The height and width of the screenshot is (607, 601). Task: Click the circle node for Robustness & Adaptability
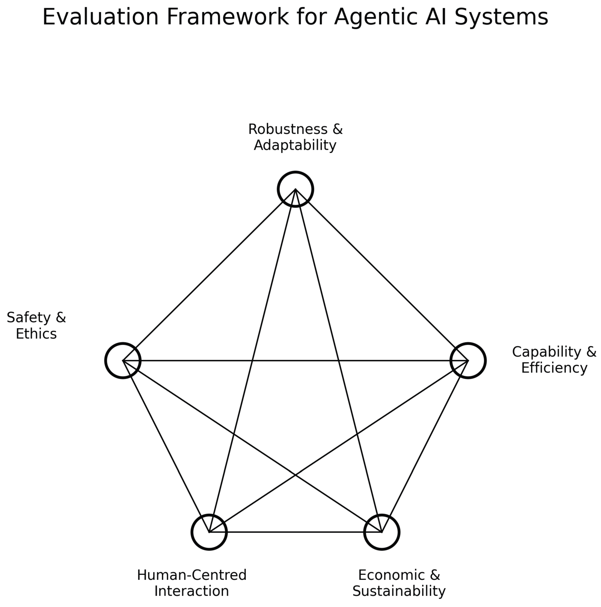(295, 189)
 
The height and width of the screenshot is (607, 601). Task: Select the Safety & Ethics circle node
(123, 360)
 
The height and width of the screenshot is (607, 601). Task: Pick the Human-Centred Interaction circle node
(209, 532)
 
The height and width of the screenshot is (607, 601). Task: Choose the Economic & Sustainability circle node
(382, 532)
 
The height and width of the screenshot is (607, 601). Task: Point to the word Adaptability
(295, 145)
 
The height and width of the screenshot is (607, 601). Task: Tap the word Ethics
(36, 334)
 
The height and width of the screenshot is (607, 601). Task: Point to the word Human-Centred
(192, 575)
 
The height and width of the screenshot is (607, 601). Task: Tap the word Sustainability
(399, 591)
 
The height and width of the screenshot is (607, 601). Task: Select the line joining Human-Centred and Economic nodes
(295, 532)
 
